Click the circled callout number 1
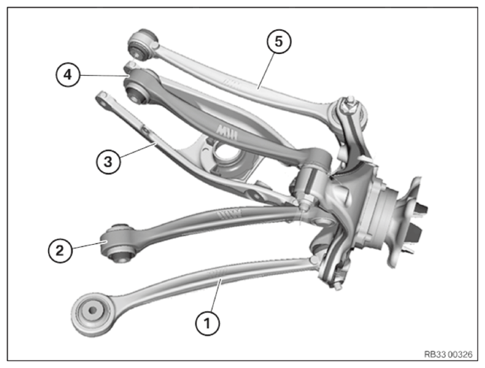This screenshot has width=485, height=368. click(207, 323)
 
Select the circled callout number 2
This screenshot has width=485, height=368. click(60, 250)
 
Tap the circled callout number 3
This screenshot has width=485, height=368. click(108, 161)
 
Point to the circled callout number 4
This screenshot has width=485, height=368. click(68, 74)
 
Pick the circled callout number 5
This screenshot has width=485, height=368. click(279, 41)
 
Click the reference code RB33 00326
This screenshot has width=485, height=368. click(448, 354)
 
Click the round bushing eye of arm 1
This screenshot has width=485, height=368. click(92, 314)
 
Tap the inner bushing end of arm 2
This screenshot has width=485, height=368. click(119, 243)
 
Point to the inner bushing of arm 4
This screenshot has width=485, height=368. click(137, 88)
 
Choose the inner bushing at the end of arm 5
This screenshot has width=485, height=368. click(142, 44)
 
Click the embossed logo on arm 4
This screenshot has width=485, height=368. click(227, 131)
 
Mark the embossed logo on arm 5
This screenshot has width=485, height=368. click(232, 83)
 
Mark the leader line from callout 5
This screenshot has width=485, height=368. click(266, 71)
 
